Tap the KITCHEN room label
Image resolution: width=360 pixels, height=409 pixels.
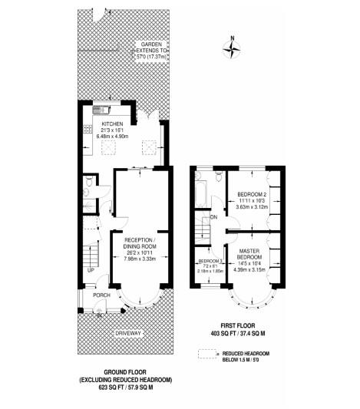point(113,124)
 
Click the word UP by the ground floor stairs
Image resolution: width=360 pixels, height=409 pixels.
point(91,270)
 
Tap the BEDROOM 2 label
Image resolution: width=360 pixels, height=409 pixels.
point(251,193)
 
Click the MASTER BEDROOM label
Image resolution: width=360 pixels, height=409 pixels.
point(252,255)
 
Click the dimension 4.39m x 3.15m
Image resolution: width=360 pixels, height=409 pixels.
point(252,268)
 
